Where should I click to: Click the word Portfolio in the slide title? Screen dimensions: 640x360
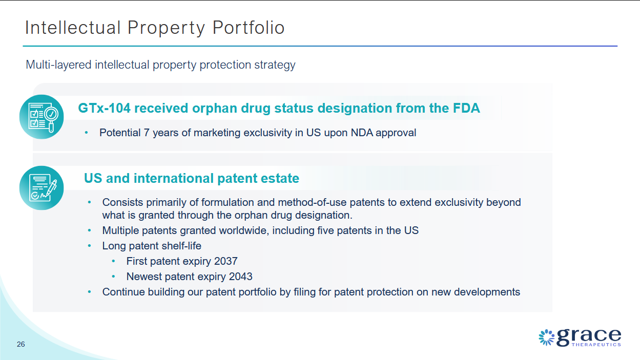(x=249, y=28)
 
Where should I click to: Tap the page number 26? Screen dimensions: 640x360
(x=21, y=344)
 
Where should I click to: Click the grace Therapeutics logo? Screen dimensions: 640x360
(x=580, y=337)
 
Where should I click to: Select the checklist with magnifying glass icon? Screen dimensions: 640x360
(x=42, y=117)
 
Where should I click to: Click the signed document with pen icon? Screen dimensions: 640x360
(x=42, y=188)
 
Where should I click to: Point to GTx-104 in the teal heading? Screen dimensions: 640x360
(x=105, y=108)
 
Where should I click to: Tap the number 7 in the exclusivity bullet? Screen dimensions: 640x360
(x=147, y=133)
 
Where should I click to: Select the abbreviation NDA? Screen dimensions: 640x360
(x=362, y=133)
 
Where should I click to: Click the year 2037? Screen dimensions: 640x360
(x=225, y=261)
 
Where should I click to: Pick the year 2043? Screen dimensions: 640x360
(x=240, y=277)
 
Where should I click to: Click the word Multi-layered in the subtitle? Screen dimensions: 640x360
(x=58, y=65)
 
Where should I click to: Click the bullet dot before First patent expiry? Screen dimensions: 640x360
(x=113, y=261)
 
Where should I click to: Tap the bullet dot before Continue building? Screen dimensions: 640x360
(x=90, y=292)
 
